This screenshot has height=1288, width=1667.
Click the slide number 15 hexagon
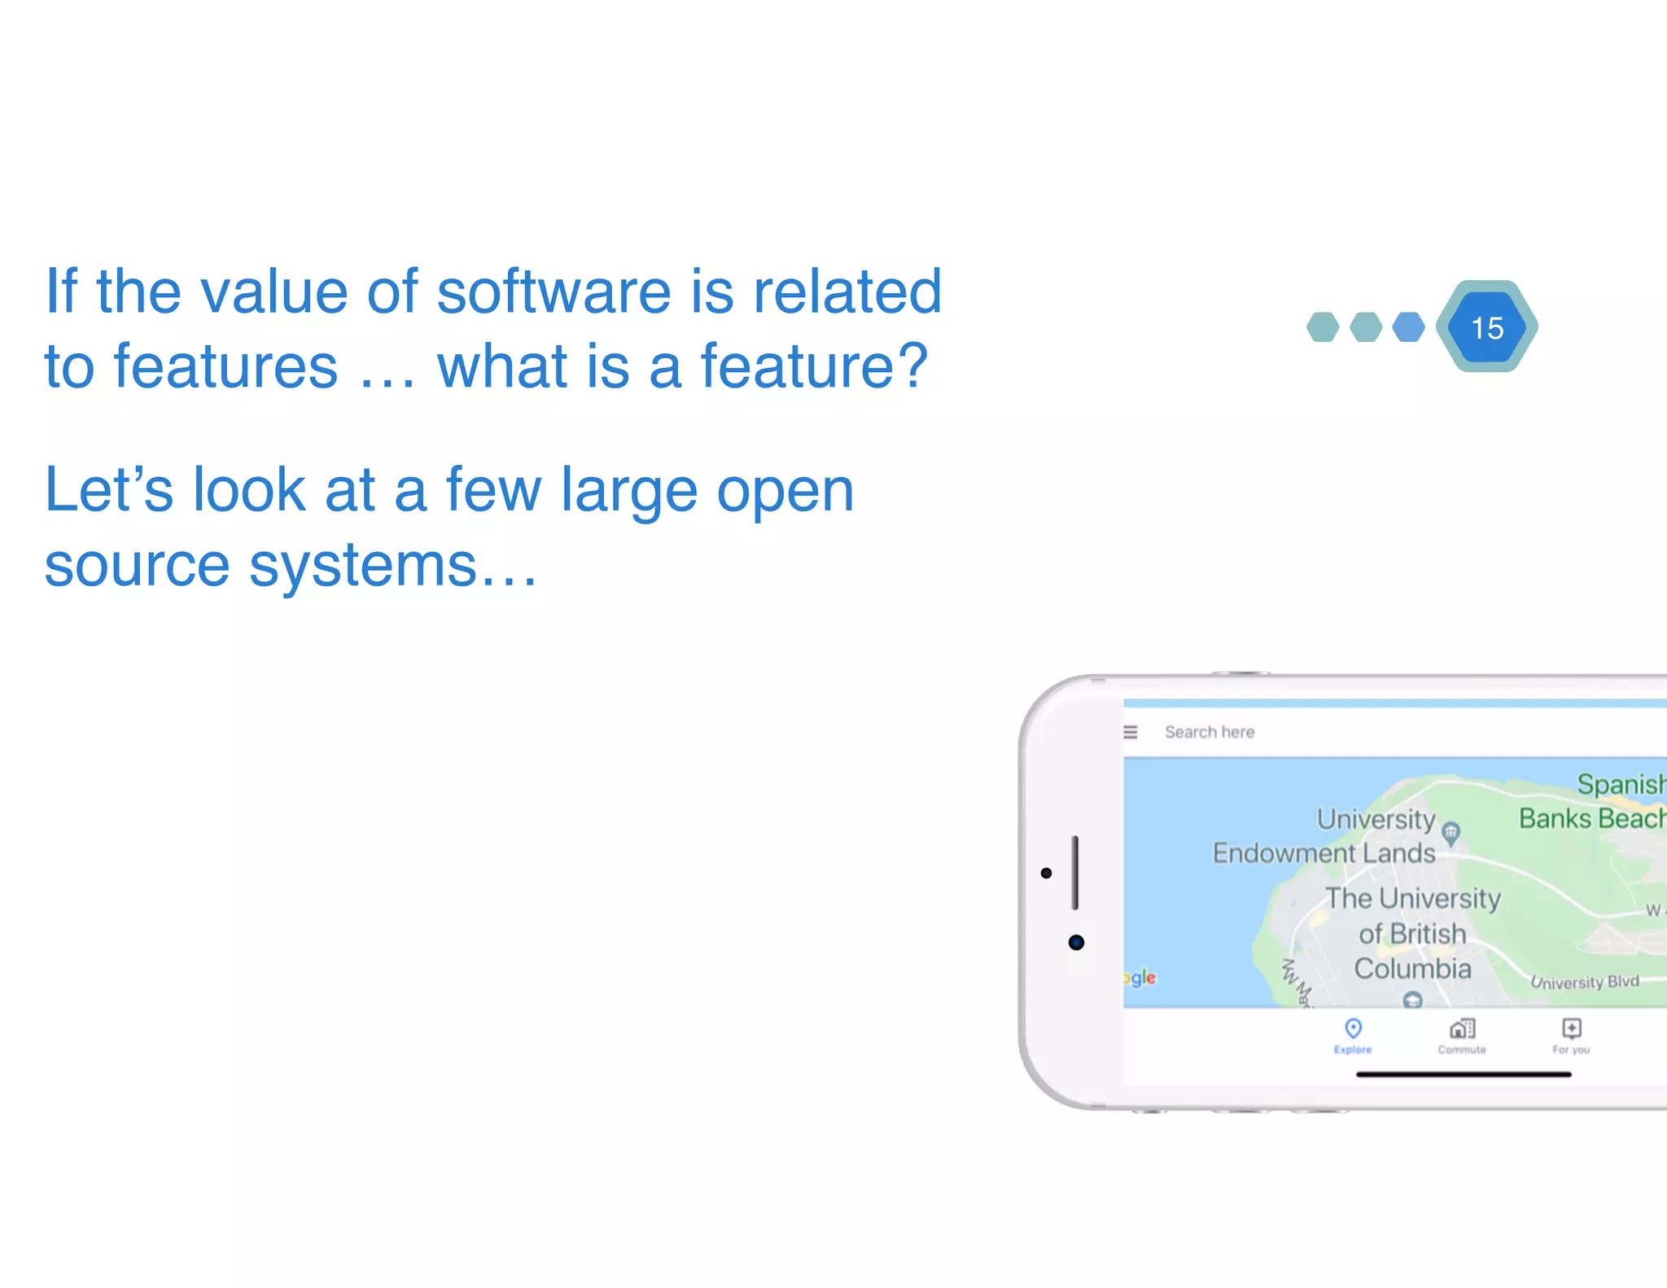pyautogui.click(x=1487, y=327)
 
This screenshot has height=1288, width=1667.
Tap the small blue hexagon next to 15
pyautogui.click(x=1408, y=327)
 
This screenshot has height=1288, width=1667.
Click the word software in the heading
pyautogui.click(x=554, y=291)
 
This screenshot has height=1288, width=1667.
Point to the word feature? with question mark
pyautogui.click(x=814, y=366)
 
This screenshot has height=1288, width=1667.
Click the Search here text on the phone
pyautogui.click(x=1210, y=732)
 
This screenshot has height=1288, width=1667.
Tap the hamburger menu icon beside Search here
pyautogui.click(x=1131, y=732)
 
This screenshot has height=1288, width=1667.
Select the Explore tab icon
pyautogui.click(x=1353, y=1029)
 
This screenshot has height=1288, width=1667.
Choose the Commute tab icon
pyautogui.click(x=1462, y=1029)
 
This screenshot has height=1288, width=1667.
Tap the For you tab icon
pyautogui.click(x=1571, y=1029)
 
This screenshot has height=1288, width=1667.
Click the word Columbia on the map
pyautogui.click(x=1412, y=969)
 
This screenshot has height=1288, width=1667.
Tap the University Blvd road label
pyautogui.click(x=1584, y=982)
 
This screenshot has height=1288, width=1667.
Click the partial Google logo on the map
pyautogui.click(x=1140, y=977)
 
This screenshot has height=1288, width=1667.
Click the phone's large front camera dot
pyautogui.click(x=1076, y=943)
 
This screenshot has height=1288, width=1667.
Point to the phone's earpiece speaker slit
pyautogui.click(x=1074, y=873)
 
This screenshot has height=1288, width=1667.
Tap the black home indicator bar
pyautogui.click(x=1463, y=1075)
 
